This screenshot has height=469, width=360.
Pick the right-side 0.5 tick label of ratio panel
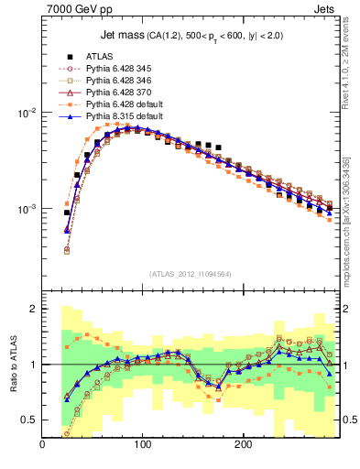coord(347,420)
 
